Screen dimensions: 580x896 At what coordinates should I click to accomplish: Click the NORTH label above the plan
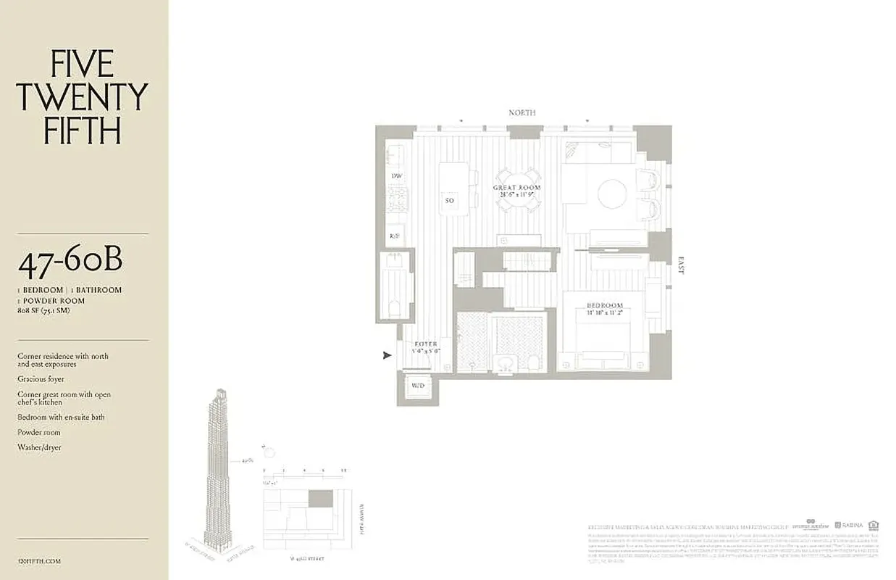pyautogui.click(x=522, y=112)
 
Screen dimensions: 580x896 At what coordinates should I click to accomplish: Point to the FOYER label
pyautogui.click(x=425, y=344)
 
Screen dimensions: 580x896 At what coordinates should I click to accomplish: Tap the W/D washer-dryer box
pyautogui.click(x=418, y=386)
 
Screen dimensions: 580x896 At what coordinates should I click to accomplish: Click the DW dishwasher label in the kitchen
pyautogui.click(x=396, y=176)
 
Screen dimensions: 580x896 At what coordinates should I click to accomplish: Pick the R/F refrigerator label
pyautogui.click(x=395, y=236)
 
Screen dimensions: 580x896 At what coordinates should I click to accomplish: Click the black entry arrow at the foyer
pyautogui.click(x=387, y=355)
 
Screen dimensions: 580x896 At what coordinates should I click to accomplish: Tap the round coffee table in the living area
pyautogui.click(x=613, y=194)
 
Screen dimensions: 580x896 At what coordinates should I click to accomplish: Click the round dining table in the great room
pyautogui.click(x=517, y=190)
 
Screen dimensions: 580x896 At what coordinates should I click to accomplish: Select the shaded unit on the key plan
pyautogui.click(x=321, y=498)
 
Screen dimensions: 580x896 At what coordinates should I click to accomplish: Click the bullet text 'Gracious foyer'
pyautogui.click(x=41, y=378)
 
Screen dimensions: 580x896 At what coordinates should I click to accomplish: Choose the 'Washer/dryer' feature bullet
pyautogui.click(x=40, y=447)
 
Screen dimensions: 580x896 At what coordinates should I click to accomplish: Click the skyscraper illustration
pyautogui.click(x=217, y=471)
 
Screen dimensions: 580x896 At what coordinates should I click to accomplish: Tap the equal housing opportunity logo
pyautogui.click(x=874, y=525)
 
